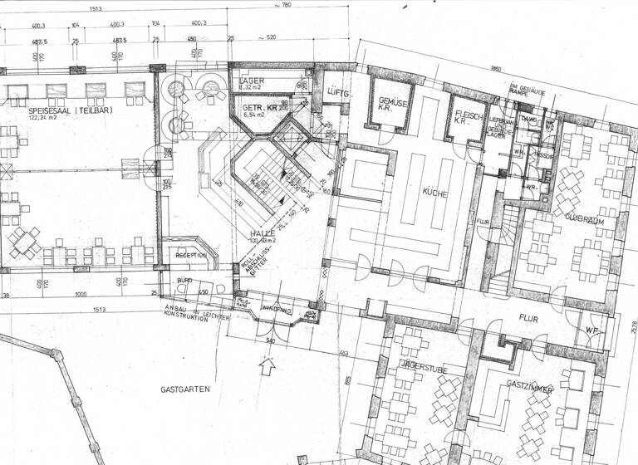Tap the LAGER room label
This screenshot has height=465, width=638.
coord(253,79)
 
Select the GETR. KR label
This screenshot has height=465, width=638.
coord(258,109)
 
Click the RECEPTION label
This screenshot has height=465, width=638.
coord(195,256)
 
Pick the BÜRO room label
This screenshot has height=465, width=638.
coord(184,282)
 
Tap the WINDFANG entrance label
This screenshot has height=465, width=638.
coord(275,311)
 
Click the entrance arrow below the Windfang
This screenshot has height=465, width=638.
coord(267,363)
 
